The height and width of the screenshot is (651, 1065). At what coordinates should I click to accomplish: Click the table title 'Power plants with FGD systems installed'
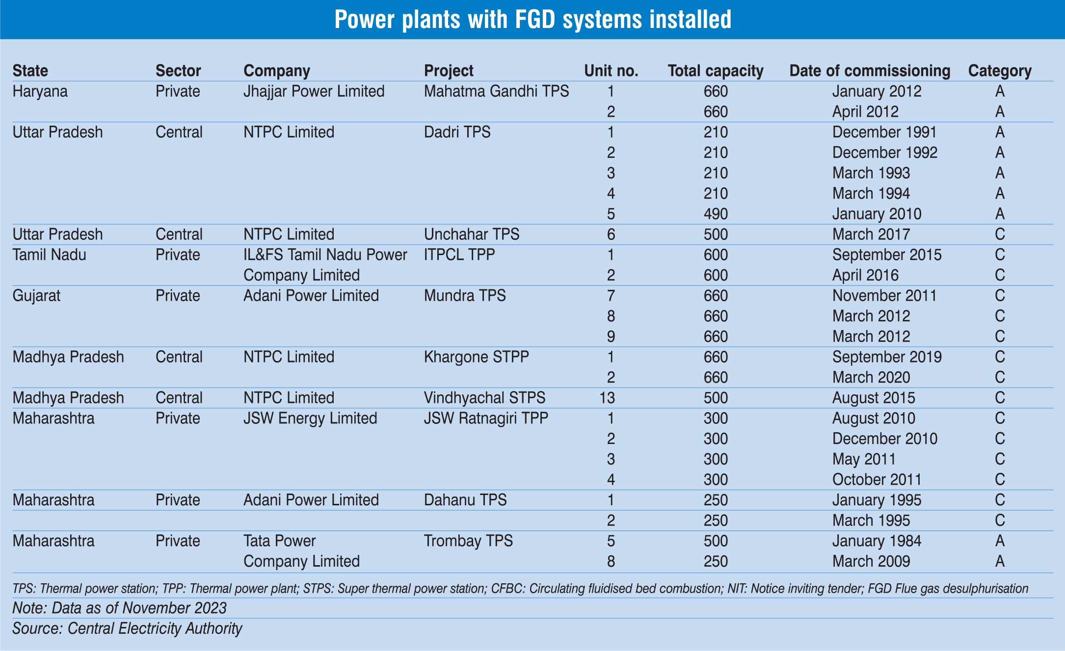coord(532,20)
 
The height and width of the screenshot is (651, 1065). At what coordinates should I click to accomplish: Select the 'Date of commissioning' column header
coord(870,71)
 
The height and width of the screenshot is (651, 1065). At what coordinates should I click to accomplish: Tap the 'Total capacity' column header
coord(716,71)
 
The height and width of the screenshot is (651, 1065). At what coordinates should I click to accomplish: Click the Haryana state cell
coord(40,92)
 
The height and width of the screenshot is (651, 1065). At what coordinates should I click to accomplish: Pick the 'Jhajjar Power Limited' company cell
coord(314,92)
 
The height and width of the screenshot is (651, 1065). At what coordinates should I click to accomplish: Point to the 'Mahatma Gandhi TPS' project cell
coord(496,92)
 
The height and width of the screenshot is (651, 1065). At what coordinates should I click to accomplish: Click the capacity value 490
coord(716,214)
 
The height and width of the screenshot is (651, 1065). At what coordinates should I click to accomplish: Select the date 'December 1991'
coord(884,132)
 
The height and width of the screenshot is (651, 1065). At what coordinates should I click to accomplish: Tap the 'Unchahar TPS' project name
coord(471,234)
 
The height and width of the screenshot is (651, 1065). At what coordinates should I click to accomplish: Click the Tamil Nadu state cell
coord(49,255)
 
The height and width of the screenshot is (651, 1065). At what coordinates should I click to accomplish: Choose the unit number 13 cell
coord(607,398)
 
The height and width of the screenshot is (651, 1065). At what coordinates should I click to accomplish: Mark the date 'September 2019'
coord(887,357)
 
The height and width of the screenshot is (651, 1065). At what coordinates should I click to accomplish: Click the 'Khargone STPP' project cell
coord(476,357)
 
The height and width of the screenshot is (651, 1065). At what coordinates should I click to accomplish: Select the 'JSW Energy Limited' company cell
coord(310,418)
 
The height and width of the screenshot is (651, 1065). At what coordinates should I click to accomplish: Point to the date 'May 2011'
coord(864,459)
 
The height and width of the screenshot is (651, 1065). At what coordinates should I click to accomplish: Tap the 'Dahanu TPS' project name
coord(465,500)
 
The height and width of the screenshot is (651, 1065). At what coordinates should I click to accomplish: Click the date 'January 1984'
coord(877,541)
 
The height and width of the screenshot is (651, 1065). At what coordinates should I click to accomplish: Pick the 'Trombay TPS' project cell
coord(468,541)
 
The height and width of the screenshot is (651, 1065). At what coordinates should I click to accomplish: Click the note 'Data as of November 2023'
coord(119,608)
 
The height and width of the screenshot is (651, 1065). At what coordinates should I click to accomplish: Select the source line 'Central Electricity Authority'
coord(127,628)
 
